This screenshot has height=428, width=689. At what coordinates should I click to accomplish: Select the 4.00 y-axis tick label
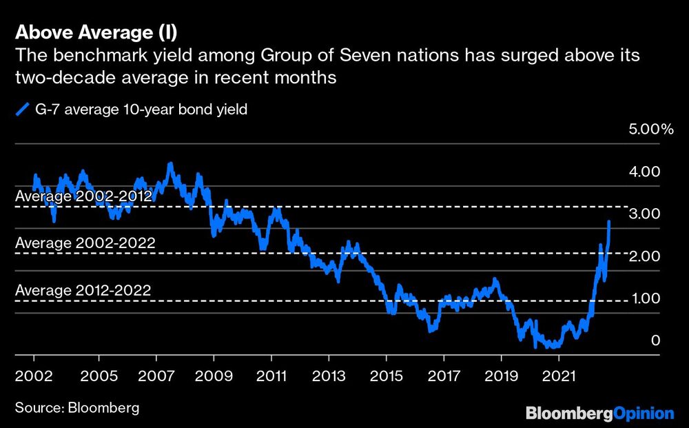click(x=646, y=172)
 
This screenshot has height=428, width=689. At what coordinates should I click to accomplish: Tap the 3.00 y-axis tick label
click(x=646, y=214)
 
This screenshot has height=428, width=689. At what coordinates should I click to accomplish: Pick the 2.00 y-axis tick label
click(x=646, y=256)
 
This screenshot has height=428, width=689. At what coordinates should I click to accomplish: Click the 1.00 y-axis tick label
click(x=646, y=298)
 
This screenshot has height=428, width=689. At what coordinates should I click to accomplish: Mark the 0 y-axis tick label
click(x=655, y=340)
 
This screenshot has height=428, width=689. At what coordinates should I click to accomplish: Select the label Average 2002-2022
click(x=85, y=243)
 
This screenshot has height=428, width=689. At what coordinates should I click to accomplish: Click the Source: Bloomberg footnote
click(x=76, y=407)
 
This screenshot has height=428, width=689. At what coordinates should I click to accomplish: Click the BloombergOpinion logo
click(x=599, y=414)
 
